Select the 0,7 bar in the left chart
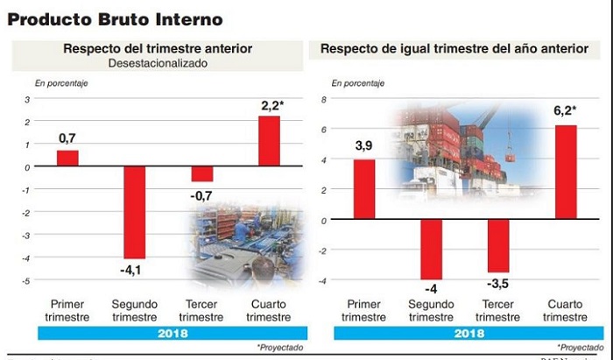pos(68,158)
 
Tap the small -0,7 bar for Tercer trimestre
pos(202,173)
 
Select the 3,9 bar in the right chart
pos(364,189)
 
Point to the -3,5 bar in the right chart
pos(498,245)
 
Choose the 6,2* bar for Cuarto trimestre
pos(565,173)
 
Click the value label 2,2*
pos(271,107)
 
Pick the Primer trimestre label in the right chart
pos(364,310)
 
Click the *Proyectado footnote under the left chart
pos(279,348)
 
